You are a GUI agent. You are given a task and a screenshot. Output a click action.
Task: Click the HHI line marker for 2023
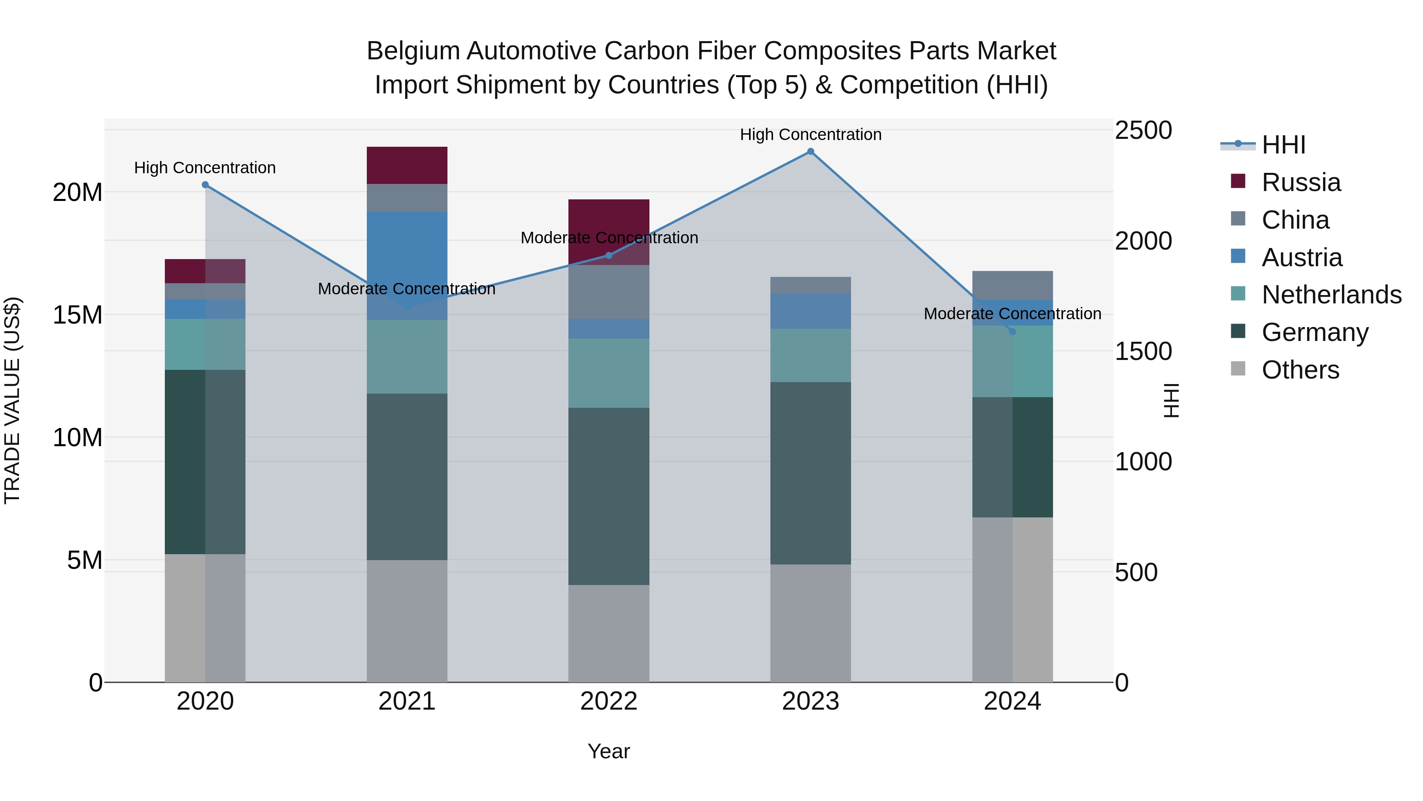click(x=810, y=151)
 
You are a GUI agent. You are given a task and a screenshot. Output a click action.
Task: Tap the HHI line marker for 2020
click(x=205, y=185)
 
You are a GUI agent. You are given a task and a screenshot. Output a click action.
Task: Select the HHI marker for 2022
click(x=609, y=256)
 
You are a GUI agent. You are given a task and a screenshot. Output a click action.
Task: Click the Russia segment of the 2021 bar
click(x=407, y=165)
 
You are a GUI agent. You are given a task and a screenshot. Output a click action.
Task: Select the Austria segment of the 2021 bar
click(x=407, y=265)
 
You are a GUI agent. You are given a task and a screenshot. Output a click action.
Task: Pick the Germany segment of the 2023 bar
click(x=810, y=473)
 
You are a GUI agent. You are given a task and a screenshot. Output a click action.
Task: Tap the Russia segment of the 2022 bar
click(x=609, y=232)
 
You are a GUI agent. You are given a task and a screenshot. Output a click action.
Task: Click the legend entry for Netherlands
click(x=1331, y=295)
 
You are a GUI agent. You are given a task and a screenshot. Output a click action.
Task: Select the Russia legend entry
click(x=1301, y=182)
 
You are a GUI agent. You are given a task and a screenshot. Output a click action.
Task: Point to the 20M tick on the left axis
click(x=77, y=192)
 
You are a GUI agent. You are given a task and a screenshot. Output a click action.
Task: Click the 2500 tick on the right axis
click(x=1143, y=131)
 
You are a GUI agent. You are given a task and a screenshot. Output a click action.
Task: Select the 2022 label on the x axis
click(x=609, y=701)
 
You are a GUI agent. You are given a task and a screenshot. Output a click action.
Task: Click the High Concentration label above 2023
click(x=810, y=134)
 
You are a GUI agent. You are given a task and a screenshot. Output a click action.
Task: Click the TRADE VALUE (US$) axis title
click(x=12, y=400)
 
